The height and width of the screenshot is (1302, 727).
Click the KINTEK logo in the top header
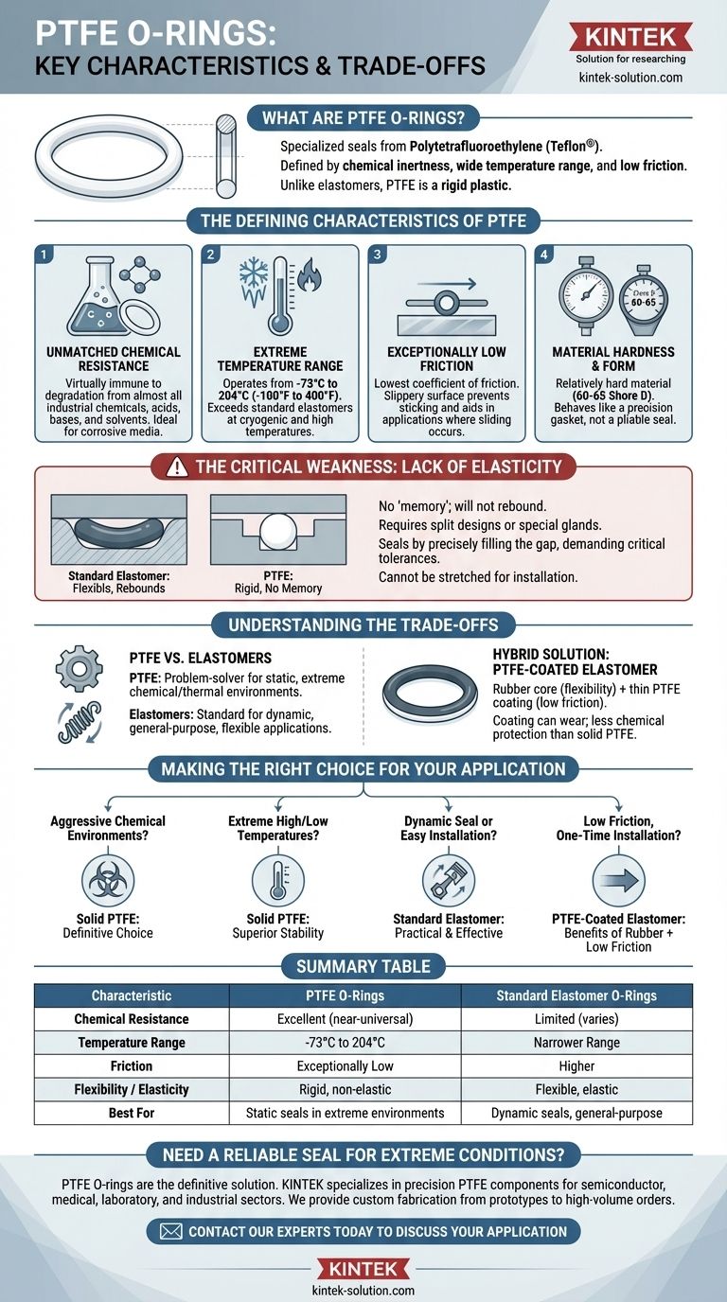(629, 37)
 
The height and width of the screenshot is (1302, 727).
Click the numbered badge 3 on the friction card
(377, 255)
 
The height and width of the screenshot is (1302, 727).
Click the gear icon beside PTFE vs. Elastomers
(79, 669)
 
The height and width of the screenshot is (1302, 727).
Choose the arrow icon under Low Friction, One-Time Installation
(618, 879)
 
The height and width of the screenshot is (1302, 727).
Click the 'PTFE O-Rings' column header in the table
(345, 995)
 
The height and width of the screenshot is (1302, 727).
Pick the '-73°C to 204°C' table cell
(345, 1043)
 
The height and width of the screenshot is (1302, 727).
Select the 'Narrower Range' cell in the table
(576, 1043)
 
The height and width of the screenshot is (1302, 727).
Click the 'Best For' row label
(132, 1113)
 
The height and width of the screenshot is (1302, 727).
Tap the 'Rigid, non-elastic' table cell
(345, 1089)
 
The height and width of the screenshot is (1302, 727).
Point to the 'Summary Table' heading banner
(363, 966)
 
